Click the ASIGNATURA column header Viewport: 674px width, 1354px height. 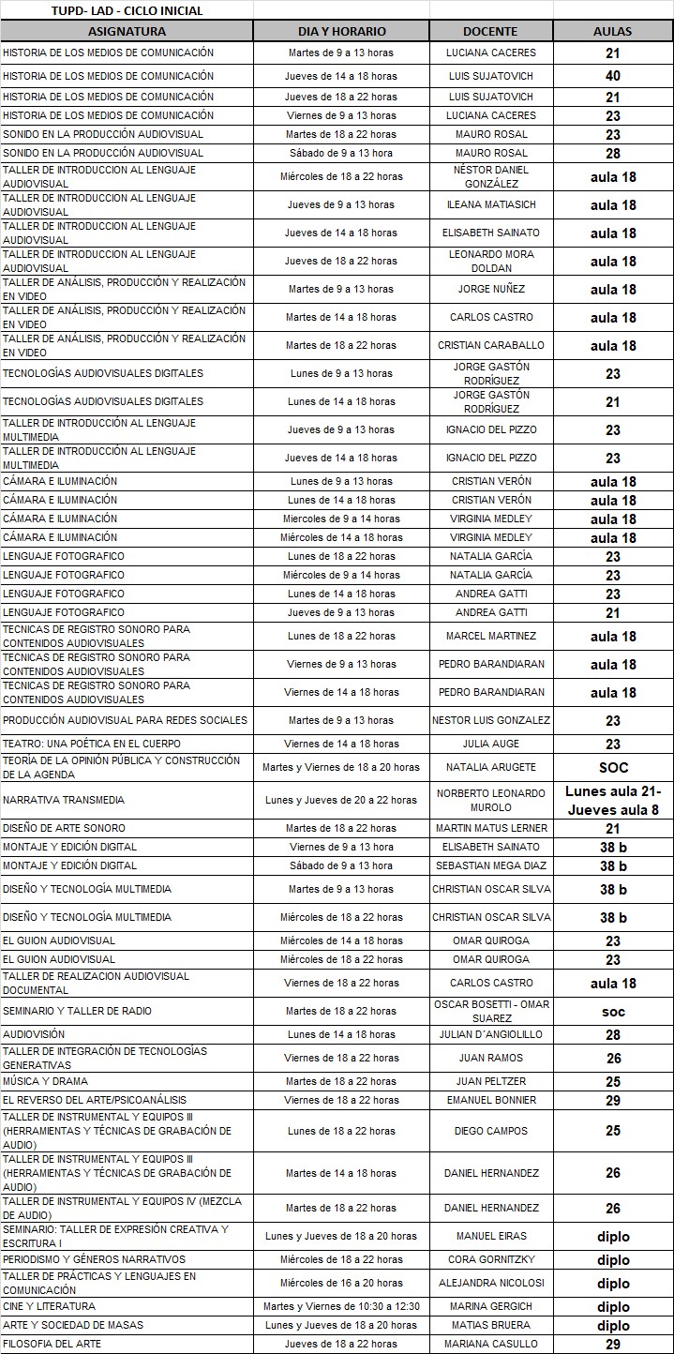127,31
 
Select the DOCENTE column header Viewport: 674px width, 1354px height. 491,31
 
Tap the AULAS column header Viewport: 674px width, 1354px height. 612,31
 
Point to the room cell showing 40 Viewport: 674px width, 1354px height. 612,76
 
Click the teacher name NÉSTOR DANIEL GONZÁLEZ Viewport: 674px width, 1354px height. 491,176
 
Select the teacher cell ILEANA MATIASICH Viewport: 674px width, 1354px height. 491,204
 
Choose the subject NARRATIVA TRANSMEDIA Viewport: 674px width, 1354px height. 64,800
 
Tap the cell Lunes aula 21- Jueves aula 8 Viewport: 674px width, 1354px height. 612,800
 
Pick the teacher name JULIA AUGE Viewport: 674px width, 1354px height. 491,744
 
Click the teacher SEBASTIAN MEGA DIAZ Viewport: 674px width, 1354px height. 491,865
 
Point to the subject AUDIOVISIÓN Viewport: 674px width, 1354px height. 34,1034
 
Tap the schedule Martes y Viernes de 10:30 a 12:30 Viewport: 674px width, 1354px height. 341,1306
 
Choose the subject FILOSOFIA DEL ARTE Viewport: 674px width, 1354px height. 52,1344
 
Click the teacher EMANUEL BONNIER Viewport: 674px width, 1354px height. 491,1100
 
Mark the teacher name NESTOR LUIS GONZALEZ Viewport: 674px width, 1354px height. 491,720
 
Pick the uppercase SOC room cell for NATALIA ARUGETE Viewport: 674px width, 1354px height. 612,767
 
